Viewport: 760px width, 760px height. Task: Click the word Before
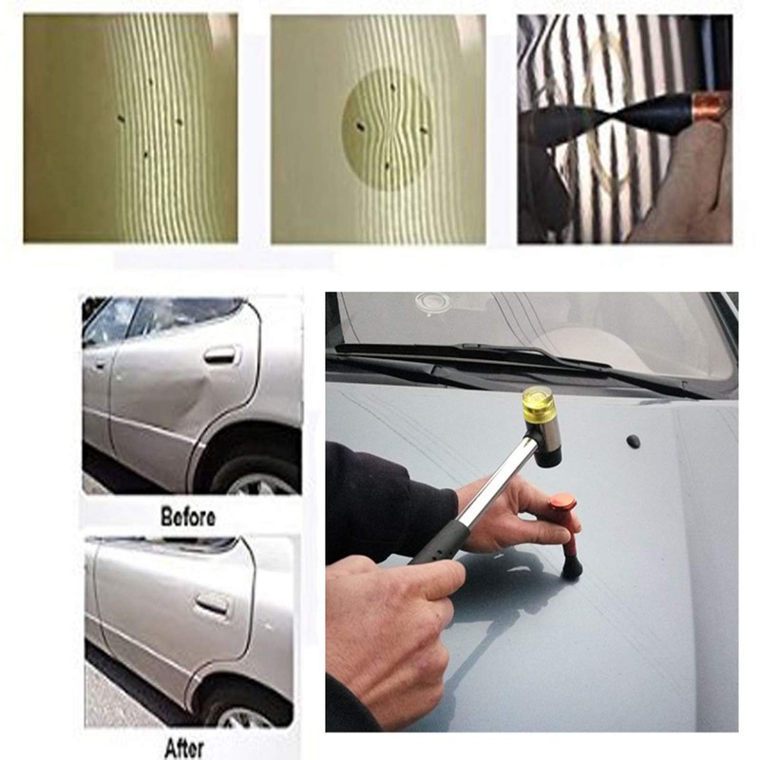point(188,518)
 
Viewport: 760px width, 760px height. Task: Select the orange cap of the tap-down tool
point(563,502)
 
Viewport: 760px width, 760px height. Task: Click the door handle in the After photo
point(211,604)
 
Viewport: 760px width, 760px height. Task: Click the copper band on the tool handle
point(709,106)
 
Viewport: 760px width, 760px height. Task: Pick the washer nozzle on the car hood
point(633,441)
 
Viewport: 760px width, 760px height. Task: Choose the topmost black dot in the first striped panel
point(150,82)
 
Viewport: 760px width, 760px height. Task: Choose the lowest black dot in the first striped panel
point(144,153)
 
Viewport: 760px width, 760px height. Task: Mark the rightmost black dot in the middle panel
point(424,129)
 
